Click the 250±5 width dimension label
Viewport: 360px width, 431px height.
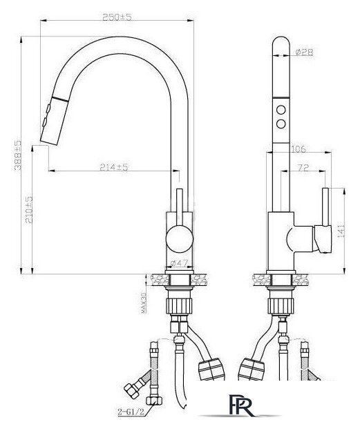(x=115, y=17)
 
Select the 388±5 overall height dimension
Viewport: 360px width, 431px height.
(x=19, y=155)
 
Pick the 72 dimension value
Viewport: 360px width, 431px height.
(x=303, y=167)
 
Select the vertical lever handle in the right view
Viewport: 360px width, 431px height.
(x=322, y=214)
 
